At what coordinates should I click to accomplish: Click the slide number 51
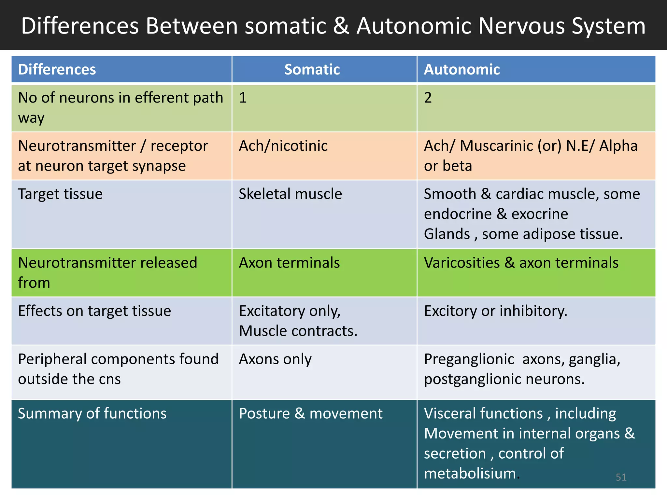pyautogui.click(x=621, y=477)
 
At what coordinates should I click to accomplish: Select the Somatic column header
pyautogui.click(x=312, y=69)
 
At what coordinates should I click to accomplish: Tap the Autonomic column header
pyautogui.click(x=461, y=69)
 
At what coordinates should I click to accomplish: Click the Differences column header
pyautogui.click(x=57, y=69)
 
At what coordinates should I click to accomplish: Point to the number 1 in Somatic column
pyautogui.click(x=243, y=98)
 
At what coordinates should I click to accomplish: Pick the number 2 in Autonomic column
pyautogui.click(x=428, y=98)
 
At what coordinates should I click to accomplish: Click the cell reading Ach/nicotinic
pyautogui.click(x=283, y=146)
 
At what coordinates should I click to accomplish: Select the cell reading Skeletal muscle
pyautogui.click(x=290, y=194)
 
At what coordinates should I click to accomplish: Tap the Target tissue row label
pyautogui.click(x=60, y=194)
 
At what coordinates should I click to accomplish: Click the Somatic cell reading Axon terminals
pyautogui.click(x=289, y=263)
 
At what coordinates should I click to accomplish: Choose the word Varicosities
pyautogui.click(x=461, y=263)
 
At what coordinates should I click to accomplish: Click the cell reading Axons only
pyautogui.click(x=275, y=359)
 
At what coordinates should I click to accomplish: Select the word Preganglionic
pyautogui.click(x=469, y=359)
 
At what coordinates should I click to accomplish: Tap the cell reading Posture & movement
pyautogui.click(x=310, y=413)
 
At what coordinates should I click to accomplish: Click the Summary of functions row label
pyautogui.click(x=92, y=413)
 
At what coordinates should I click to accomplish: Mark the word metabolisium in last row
pyautogui.click(x=470, y=473)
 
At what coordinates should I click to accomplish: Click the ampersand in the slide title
pyautogui.click(x=341, y=26)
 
